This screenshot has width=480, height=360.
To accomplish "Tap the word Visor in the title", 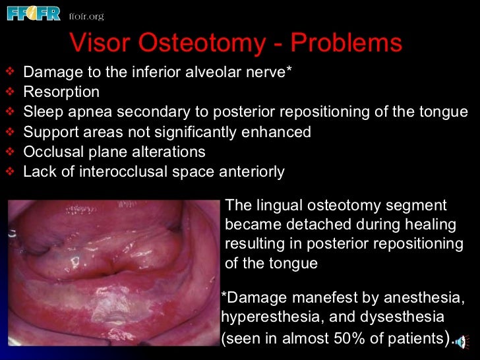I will click(x=101, y=44).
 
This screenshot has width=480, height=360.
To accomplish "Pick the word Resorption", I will click(x=61, y=92).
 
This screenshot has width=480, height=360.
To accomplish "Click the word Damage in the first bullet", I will click(x=49, y=72).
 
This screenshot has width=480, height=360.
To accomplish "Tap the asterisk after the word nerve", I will click(x=288, y=69).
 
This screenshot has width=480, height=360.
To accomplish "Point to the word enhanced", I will click(x=279, y=132).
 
